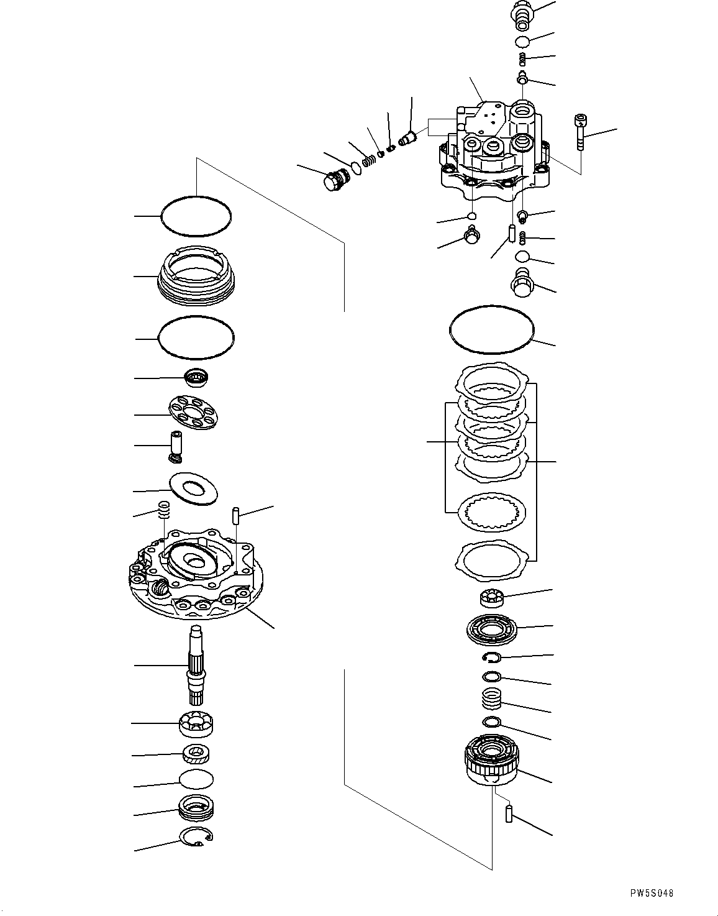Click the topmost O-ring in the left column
pos(196,216)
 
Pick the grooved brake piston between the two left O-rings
pos(196,277)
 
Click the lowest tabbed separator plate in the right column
pos(491,557)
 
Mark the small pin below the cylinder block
pos(509,813)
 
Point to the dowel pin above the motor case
pos(237,516)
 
